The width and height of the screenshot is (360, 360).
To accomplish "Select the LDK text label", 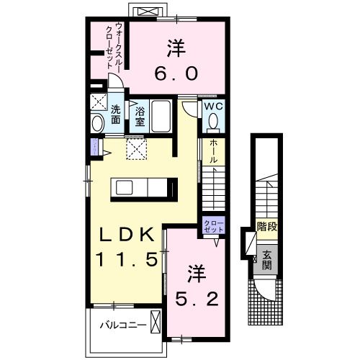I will [x=122, y=235].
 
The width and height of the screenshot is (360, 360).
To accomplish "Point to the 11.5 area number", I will [x=122, y=258].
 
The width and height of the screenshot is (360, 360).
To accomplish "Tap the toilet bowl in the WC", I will [x=212, y=122].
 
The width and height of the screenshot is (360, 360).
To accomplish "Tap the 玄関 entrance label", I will [x=266, y=256].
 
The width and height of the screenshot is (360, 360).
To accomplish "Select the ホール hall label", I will [x=213, y=151].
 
